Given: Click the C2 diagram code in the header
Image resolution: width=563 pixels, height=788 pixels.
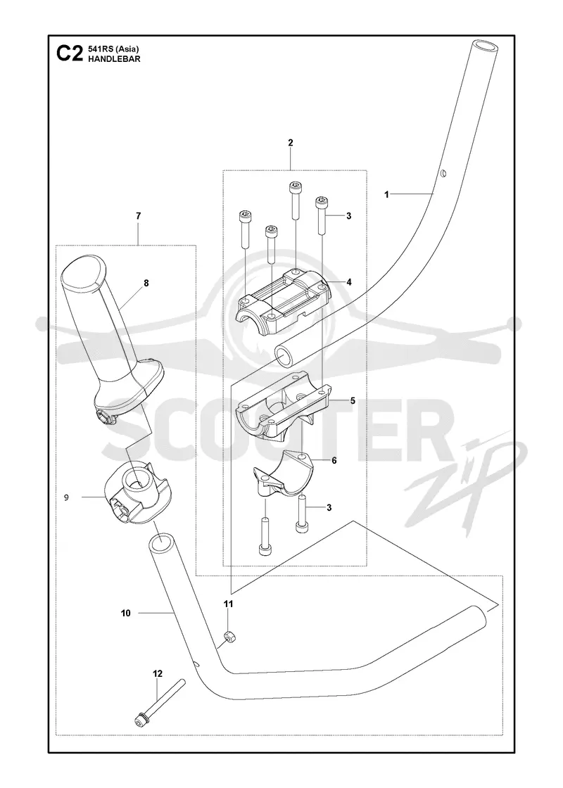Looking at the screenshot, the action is pyautogui.click(x=68, y=53).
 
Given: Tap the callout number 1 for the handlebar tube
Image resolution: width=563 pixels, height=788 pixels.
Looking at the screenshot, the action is pyautogui.click(x=386, y=194).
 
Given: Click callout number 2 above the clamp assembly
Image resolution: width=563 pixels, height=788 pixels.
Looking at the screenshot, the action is pyautogui.click(x=291, y=143).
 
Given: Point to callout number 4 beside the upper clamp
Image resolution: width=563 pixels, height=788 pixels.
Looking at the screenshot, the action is pyautogui.click(x=349, y=282).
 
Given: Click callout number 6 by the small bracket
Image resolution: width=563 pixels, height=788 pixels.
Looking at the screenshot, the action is pyautogui.click(x=334, y=460).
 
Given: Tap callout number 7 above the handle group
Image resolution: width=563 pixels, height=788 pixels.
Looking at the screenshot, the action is pyautogui.click(x=138, y=216).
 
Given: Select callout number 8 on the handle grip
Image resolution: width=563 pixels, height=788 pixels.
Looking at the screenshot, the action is pyautogui.click(x=146, y=283).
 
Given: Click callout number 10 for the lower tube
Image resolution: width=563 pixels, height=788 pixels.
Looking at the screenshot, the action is pyautogui.click(x=126, y=613).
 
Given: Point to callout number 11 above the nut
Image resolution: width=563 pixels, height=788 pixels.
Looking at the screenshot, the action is pyautogui.click(x=229, y=604).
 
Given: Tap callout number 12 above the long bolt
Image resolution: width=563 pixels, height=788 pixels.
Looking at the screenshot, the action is pyautogui.click(x=158, y=674).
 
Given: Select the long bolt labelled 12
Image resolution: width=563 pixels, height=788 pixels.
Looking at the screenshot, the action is pyautogui.click(x=160, y=701).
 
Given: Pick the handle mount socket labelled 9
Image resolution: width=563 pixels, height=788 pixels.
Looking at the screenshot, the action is pyautogui.click(x=137, y=493).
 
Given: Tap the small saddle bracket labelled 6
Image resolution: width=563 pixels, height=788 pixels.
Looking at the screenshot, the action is pyautogui.click(x=283, y=475).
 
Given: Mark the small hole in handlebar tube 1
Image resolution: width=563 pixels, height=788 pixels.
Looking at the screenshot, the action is pyautogui.click(x=443, y=174).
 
